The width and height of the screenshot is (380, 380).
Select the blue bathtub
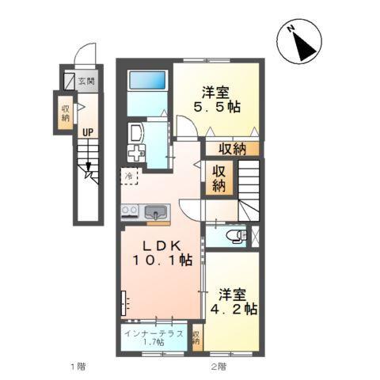pos(147,81)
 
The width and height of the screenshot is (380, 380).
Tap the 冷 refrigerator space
pos(128,175)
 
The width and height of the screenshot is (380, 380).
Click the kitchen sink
pos(155,212)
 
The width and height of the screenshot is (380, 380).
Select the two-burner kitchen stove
pos(130,211)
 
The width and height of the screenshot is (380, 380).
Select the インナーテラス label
pos(155,332)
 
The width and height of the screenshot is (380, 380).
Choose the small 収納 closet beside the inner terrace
pos(196,338)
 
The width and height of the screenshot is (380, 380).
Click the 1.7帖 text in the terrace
pos(155,343)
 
